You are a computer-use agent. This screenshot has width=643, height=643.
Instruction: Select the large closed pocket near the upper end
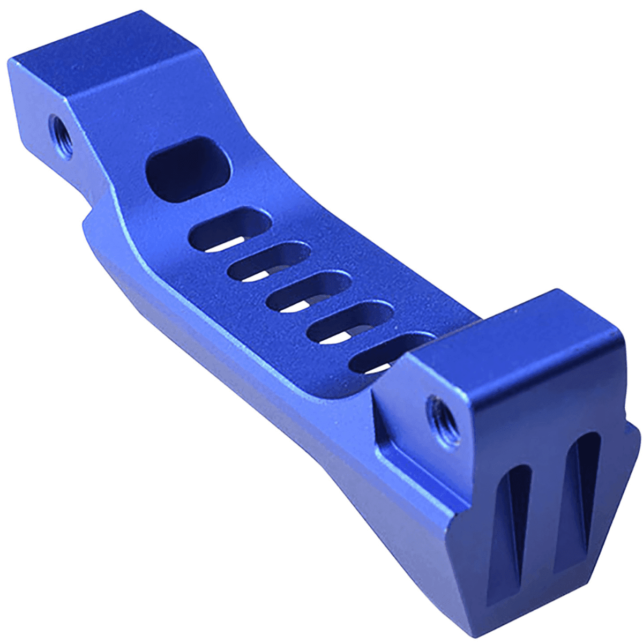pyautogui.click(x=190, y=169)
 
